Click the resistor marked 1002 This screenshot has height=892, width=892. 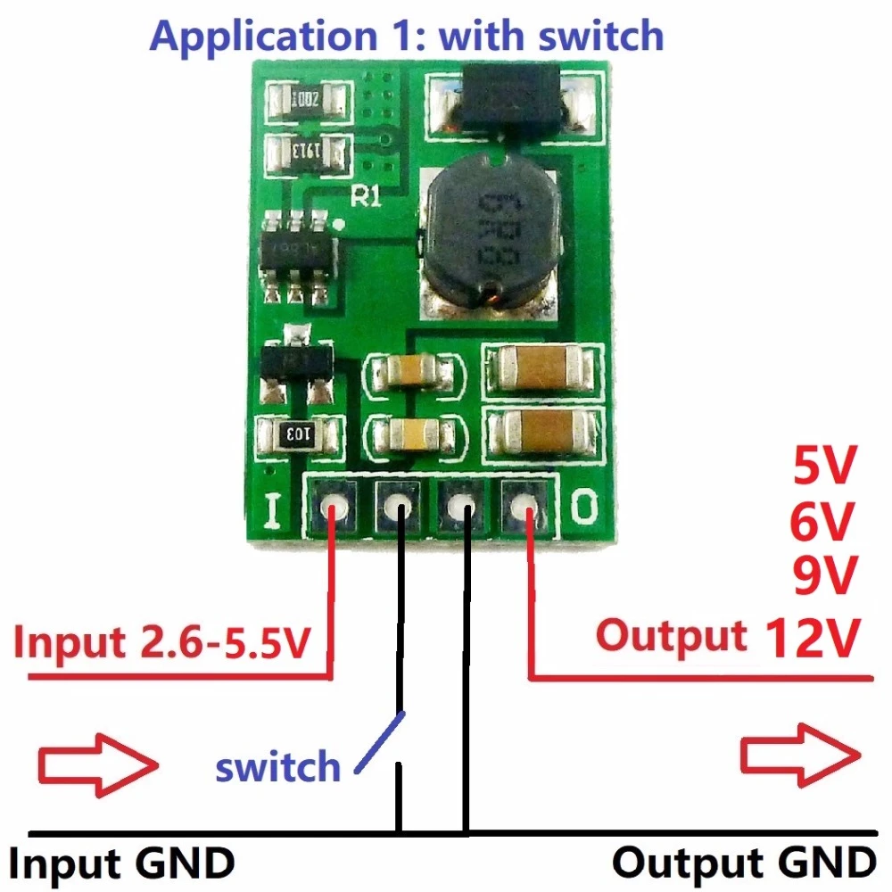[x=306, y=100]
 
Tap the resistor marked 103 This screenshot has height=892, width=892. [x=298, y=434]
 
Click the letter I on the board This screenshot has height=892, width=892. [x=273, y=511]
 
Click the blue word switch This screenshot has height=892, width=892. [x=278, y=766]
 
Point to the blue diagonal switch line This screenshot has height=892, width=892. [x=381, y=741]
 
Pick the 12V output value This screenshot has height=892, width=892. [x=812, y=637]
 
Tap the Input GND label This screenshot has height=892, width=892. [x=122, y=863]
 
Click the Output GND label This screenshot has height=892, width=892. [x=743, y=863]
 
